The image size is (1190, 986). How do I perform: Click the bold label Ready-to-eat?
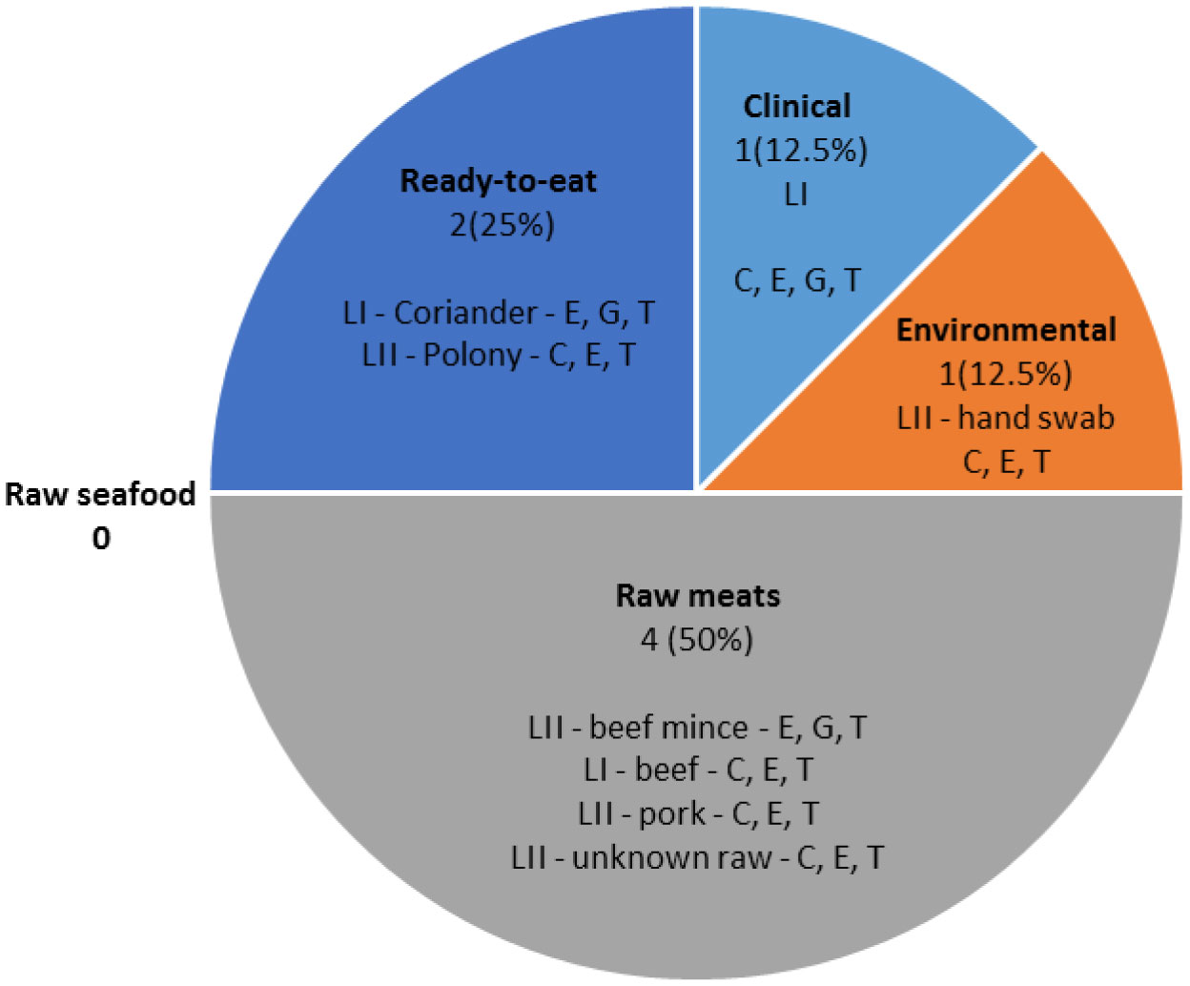498,181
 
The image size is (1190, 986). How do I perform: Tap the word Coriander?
465,313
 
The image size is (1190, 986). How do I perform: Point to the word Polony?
472,356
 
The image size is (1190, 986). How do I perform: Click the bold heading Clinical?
797,106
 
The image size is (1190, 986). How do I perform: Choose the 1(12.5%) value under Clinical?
801,151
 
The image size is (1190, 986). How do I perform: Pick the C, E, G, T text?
797,280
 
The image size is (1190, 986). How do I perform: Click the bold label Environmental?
1006,330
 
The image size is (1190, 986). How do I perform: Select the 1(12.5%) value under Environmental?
1005,375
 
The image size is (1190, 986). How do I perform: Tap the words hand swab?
1036,418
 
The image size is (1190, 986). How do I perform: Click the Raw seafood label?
100,494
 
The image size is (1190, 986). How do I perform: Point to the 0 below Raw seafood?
101,538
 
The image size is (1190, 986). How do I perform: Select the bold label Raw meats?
698,596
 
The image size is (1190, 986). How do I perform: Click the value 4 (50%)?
696,640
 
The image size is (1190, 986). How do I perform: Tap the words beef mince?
668,728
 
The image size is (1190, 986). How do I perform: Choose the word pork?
671,813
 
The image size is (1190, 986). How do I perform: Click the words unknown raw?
672,856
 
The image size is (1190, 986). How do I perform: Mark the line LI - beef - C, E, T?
698,770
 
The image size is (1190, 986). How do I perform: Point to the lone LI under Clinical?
796,195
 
